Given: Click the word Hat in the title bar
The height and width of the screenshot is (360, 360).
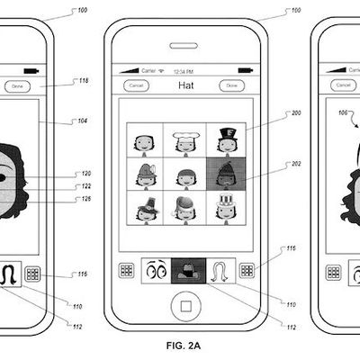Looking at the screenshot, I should pos(185,85).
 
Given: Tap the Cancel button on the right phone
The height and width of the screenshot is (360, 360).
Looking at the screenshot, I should pos(343,85).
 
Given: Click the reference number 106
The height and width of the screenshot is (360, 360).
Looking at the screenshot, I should pos(340,113).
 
